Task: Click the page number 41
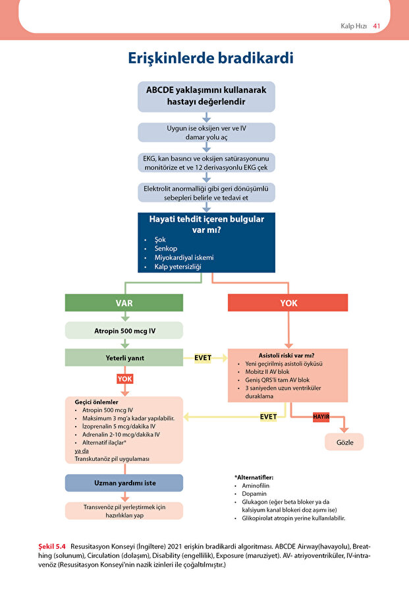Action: click(x=377, y=26)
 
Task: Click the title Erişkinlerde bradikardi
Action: click(x=210, y=58)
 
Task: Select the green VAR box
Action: click(x=124, y=303)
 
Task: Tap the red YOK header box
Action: click(x=288, y=303)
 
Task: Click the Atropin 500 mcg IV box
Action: click(x=124, y=330)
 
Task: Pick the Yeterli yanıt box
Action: click(x=124, y=357)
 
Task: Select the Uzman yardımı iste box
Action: click(x=124, y=483)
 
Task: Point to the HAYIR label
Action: click(x=321, y=417)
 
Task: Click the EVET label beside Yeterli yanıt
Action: click(x=203, y=357)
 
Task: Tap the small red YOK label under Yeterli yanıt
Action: click(x=124, y=379)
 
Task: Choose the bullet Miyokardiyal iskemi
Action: click(x=184, y=257)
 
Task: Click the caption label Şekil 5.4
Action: click(x=53, y=547)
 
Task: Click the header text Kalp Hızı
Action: click(x=353, y=26)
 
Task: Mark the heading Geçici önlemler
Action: click(x=96, y=402)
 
